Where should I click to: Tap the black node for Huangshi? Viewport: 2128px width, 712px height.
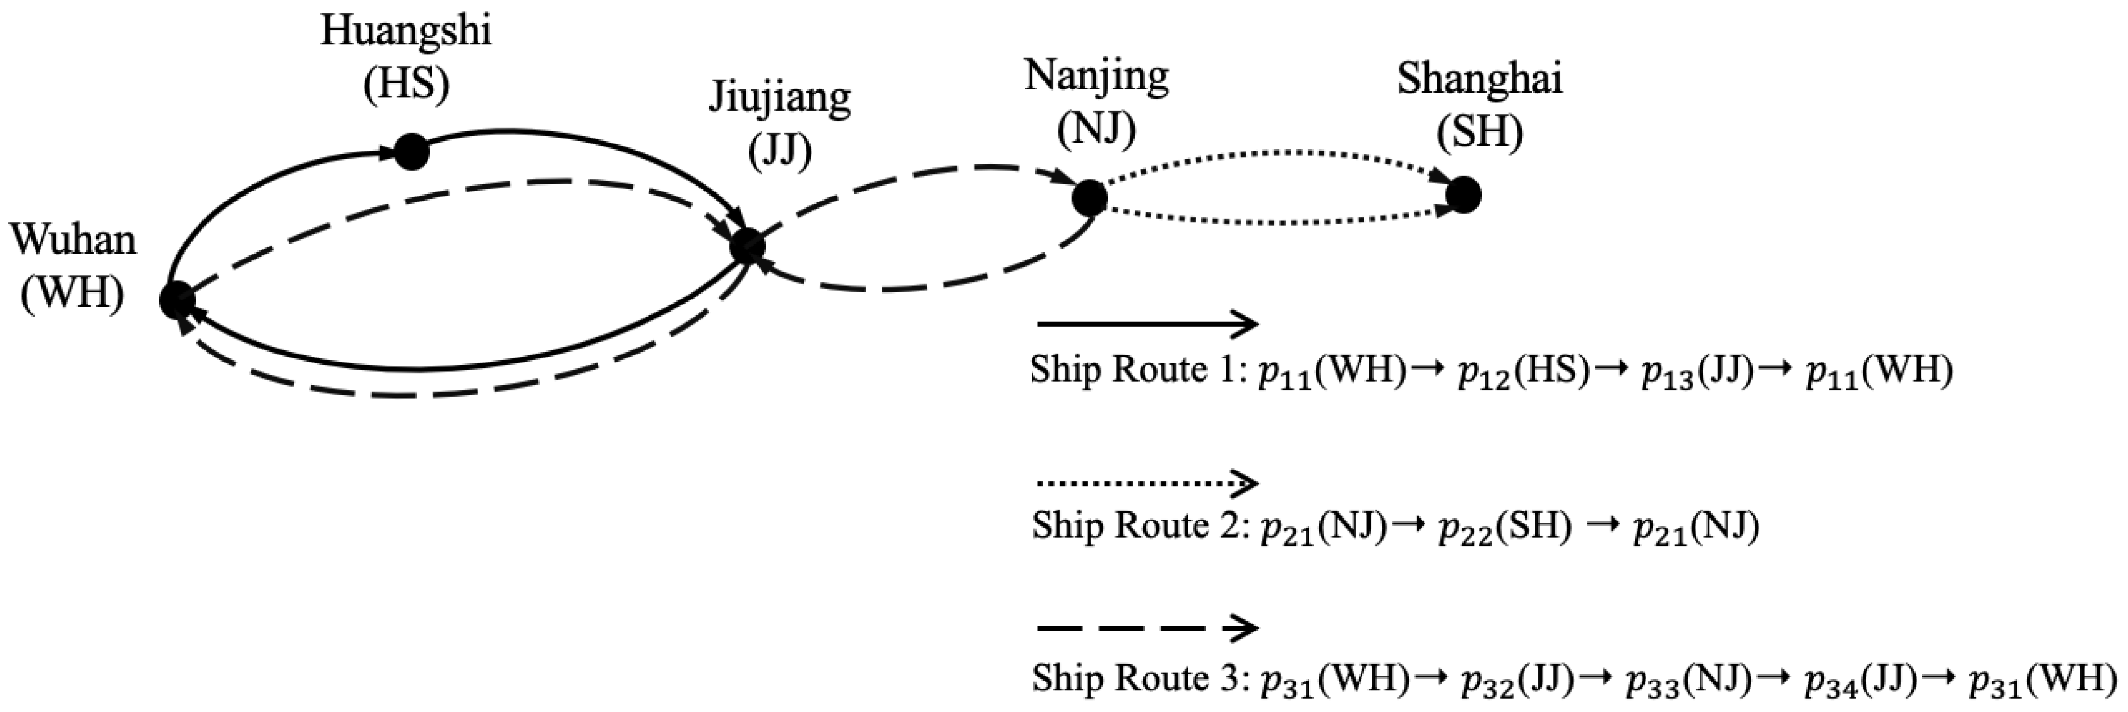(x=411, y=152)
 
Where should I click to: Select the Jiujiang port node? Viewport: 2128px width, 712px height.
(x=748, y=246)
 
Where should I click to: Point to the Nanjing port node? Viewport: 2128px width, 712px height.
(x=1089, y=197)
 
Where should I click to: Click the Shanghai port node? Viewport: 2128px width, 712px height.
(x=1463, y=195)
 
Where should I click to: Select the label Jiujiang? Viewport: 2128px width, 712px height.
(x=780, y=97)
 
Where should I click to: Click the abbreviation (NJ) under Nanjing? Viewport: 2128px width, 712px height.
(x=1096, y=129)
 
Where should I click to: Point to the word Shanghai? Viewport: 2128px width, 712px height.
(x=1480, y=80)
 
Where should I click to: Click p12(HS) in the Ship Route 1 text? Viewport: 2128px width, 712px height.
(x=1522, y=371)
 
